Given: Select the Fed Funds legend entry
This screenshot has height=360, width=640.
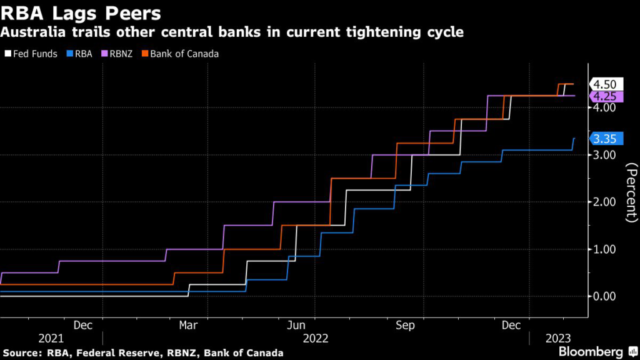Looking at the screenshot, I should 34,54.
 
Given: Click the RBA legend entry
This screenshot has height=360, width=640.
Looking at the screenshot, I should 82,54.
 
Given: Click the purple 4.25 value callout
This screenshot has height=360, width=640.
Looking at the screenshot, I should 604,96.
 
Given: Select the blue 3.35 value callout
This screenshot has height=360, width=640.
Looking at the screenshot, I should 604,138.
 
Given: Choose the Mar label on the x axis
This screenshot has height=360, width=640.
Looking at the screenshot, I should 188,326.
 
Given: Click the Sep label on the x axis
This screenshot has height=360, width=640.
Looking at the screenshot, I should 406,326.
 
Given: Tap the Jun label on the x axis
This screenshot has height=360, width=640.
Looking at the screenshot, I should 297,326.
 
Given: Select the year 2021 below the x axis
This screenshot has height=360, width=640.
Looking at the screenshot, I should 51,338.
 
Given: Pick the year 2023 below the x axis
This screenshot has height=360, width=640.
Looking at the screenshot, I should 558,338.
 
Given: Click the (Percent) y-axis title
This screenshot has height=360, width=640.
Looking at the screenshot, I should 631,191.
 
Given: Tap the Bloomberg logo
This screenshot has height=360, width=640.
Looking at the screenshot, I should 591,351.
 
